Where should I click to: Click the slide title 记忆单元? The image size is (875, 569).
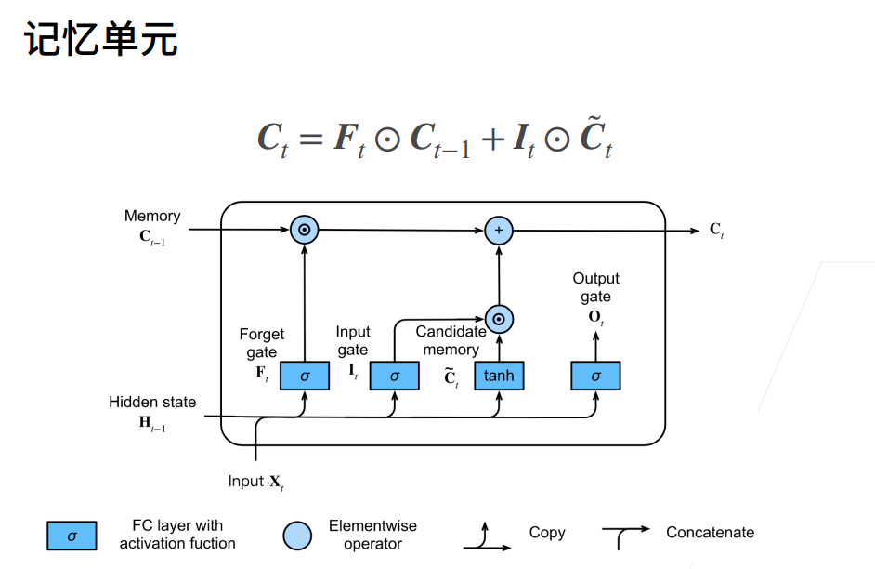coord(101,39)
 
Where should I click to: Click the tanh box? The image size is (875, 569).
coord(499,376)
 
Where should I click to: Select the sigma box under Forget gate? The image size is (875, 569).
coord(304,376)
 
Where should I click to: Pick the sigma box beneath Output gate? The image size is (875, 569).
coord(595,376)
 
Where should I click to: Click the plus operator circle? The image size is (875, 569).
coord(499,230)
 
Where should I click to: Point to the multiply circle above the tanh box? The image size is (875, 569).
coord(499,319)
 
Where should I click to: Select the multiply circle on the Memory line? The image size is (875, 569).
coord(304,230)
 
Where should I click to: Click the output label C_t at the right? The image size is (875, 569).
coord(716,230)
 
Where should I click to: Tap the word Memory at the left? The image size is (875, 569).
coord(152,216)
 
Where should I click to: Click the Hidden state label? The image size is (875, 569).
coord(152,402)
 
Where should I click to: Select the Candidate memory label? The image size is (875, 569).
coord(451,340)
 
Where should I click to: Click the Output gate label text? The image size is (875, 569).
coord(595,287)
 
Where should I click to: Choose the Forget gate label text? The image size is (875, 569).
coord(261,343)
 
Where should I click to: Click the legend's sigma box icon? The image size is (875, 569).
coord(72,536)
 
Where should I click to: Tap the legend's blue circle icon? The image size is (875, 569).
coord(297,536)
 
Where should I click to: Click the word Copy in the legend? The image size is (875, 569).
coord(547,532)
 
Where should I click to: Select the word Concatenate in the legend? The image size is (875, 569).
coord(710,532)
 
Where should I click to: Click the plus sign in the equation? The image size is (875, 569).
coord(493,139)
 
